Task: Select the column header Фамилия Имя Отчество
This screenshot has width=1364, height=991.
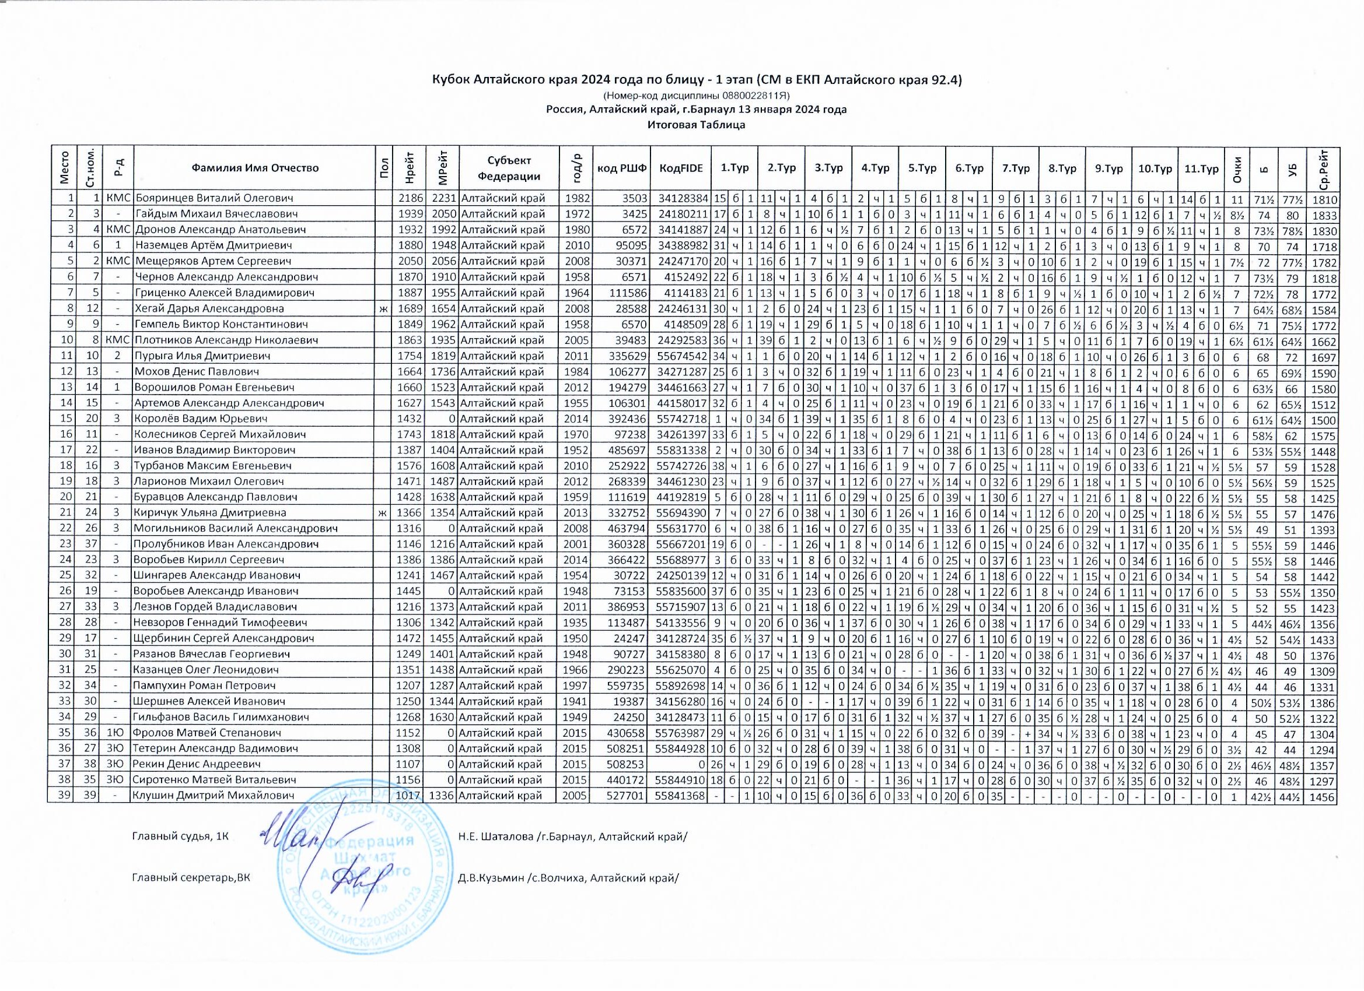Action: (255, 168)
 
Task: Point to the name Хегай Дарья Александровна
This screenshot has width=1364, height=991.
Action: (209, 309)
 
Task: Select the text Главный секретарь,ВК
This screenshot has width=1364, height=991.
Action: (191, 878)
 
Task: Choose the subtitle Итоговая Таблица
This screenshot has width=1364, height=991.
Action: (697, 125)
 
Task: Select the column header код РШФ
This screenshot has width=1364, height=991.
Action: (622, 168)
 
